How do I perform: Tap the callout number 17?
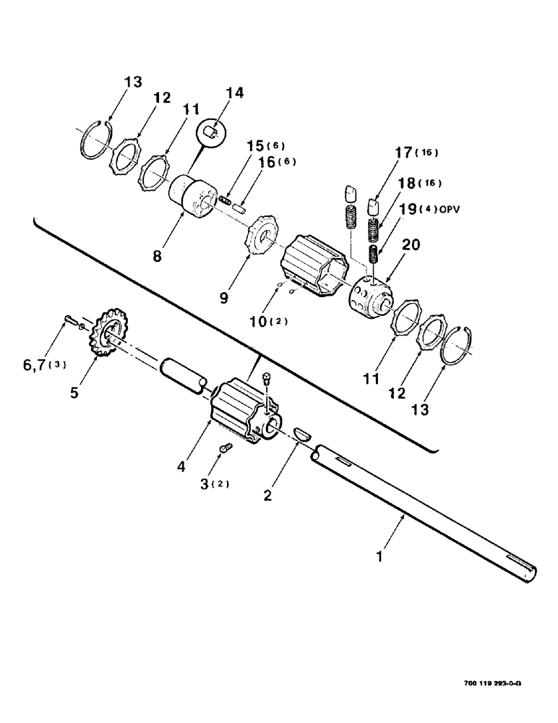coord(403,154)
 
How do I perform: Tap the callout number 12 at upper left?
coord(162,98)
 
